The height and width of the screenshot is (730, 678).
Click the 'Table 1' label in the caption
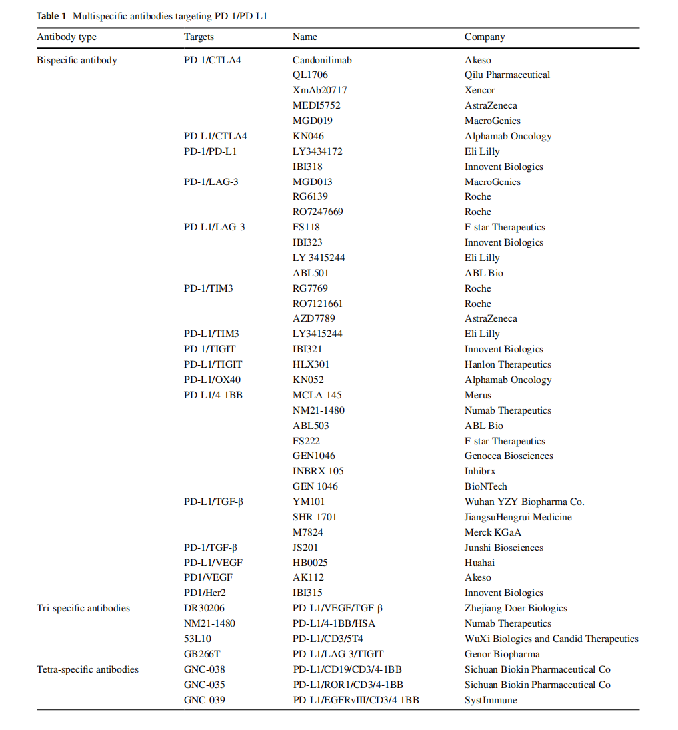(x=51, y=15)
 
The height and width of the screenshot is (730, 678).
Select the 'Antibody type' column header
(x=67, y=37)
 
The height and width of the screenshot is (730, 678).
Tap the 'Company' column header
(x=485, y=37)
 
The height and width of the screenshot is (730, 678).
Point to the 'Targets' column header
(x=199, y=37)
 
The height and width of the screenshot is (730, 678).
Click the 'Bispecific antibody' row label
(x=77, y=60)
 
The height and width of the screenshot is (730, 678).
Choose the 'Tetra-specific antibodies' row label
(x=87, y=669)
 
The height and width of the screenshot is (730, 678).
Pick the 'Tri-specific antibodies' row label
(x=83, y=608)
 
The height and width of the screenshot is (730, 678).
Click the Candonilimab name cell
(x=322, y=60)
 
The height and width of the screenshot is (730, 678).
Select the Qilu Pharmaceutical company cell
(x=507, y=75)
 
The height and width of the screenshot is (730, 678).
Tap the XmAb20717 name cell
(x=319, y=90)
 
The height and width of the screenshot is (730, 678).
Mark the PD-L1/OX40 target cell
(x=212, y=380)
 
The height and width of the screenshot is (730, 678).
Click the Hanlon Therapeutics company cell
(x=508, y=364)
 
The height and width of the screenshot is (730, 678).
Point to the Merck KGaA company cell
(x=493, y=532)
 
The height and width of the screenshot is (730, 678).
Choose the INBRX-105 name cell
(x=318, y=471)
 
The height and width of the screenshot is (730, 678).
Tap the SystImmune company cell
(x=491, y=700)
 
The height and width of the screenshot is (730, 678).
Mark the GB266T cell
(x=202, y=654)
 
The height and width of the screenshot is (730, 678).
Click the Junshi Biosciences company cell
(x=503, y=547)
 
